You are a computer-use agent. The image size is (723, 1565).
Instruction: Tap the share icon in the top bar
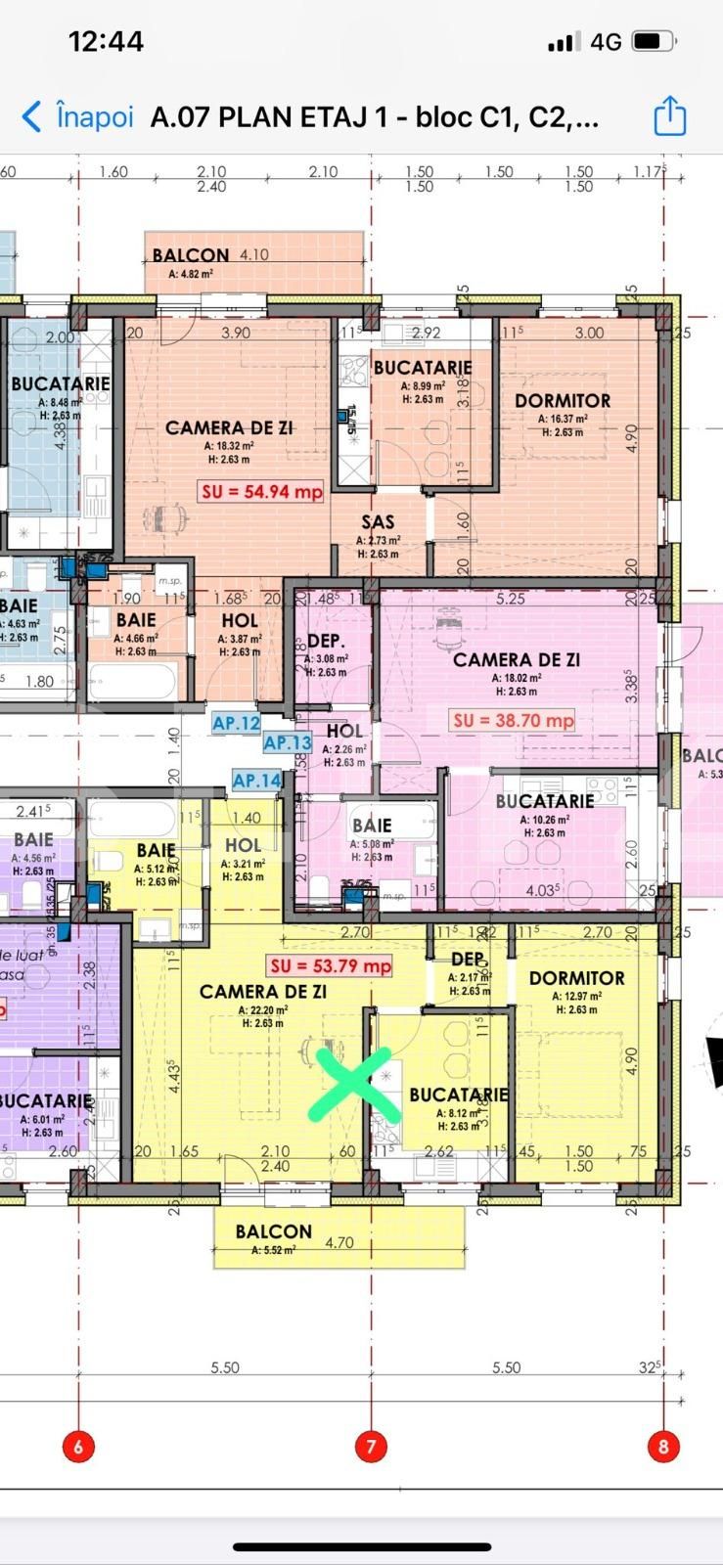(669, 116)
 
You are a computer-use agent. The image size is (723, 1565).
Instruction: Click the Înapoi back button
(77, 117)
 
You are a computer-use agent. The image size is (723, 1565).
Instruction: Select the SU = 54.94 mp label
(261, 491)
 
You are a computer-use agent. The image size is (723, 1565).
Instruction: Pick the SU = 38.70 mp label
(513, 721)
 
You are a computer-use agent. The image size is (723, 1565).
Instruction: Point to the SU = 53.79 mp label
(331, 965)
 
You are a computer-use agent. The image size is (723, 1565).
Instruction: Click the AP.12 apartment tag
(236, 723)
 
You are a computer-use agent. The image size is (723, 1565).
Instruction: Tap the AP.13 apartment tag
(287, 742)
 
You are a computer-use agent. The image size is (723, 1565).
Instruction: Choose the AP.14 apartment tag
(256, 780)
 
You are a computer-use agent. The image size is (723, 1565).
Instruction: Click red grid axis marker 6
(78, 1446)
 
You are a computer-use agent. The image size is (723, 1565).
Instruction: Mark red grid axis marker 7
(371, 1446)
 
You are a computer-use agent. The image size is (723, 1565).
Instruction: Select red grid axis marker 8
(663, 1446)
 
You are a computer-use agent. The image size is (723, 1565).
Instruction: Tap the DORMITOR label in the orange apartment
(562, 401)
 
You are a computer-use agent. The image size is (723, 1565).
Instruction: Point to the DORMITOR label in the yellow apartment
(576, 978)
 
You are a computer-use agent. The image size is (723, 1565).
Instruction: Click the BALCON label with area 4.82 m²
(190, 256)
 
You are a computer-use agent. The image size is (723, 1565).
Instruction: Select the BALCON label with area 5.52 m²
(273, 1232)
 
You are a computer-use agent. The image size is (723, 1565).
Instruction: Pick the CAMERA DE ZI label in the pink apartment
(516, 660)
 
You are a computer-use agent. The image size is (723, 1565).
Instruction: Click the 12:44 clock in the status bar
(106, 41)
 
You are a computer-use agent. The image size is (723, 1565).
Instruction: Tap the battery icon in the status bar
(653, 41)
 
